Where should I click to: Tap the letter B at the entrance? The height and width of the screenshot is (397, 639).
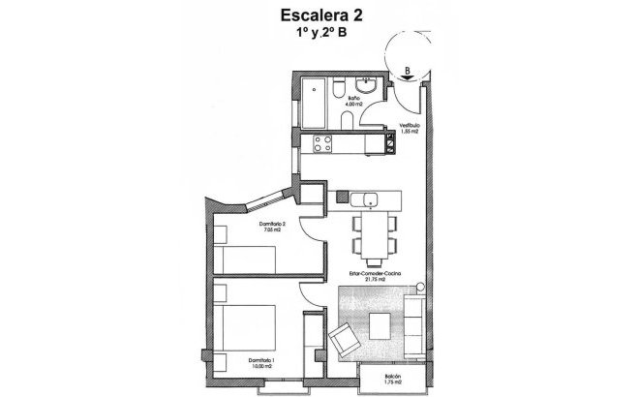pos(408,71)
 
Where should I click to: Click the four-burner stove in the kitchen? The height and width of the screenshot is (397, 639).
pos(319,145)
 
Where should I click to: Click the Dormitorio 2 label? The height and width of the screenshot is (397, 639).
pos(270,227)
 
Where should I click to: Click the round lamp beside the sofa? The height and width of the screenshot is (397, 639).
pos(419,289)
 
